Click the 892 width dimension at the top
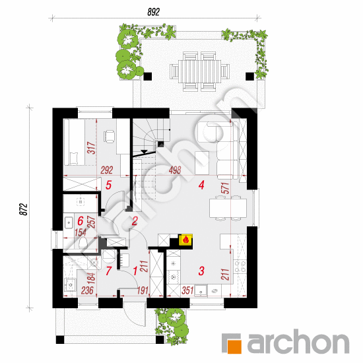click(154, 12)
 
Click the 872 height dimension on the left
click(23, 209)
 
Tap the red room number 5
click(109, 185)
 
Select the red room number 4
click(201, 185)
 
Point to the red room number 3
click(201, 271)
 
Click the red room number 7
click(109, 271)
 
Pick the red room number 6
click(81, 221)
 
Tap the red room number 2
click(135, 221)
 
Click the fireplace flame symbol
click(185, 240)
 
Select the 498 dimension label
click(175, 170)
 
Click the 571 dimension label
click(225, 188)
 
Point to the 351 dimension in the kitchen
click(187, 290)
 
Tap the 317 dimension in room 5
click(92, 148)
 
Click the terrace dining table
click(199, 71)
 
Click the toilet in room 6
click(82, 243)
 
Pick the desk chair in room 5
click(109, 137)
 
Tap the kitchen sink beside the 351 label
click(201, 291)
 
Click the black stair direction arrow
click(145, 152)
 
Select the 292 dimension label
click(107, 170)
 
